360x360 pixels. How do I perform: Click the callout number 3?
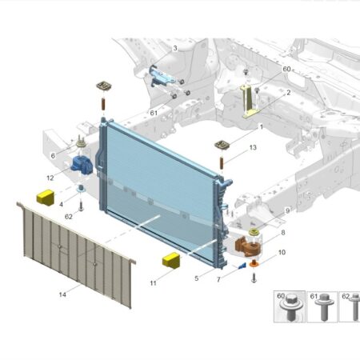(175, 48)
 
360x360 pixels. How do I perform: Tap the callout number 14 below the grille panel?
(62, 294)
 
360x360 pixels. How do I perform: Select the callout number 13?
(253, 147)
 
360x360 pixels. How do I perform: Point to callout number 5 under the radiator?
(197, 278)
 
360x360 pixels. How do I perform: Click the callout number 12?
(50, 178)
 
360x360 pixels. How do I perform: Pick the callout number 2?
(288, 93)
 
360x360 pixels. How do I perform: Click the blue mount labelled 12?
(82, 166)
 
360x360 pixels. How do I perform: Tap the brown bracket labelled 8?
(247, 246)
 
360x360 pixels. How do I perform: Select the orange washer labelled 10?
(254, 264)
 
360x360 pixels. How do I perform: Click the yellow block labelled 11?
(171, 260)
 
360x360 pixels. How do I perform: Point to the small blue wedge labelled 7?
(242, 266)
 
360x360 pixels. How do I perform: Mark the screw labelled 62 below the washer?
(81, 206)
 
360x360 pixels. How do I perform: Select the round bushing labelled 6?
(80, 142)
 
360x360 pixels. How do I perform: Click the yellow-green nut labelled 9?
(254, 232)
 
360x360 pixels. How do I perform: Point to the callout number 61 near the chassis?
(154, 113)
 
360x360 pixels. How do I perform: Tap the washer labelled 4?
(81, 188)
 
